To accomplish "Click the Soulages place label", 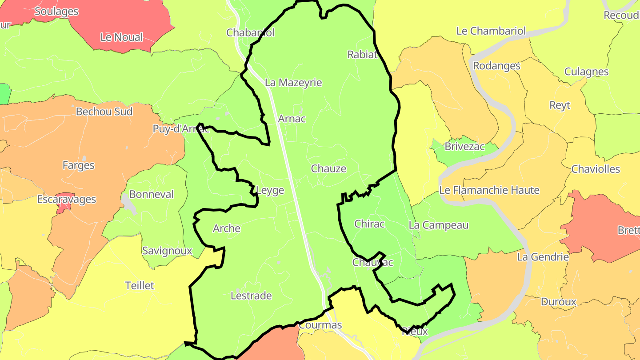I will point(56,12).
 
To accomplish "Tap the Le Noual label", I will point(121,37).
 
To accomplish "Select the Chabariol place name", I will point(250,32).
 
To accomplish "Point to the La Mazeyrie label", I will point(293,83).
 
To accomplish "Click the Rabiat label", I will point(362,55).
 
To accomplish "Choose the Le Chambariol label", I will point(491,31).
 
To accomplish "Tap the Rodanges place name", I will point(496,66).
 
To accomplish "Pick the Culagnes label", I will point(586,72).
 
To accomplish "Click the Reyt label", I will point(560,105).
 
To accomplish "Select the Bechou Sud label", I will point(104,112).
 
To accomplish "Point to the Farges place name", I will point(78,165).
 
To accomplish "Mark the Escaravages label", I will point(66,199).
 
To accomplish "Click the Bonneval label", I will point(151,195).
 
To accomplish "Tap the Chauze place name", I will point(328,169).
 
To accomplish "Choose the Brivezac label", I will point(465,147).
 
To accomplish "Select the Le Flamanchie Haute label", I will point(489,190).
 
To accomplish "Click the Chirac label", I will point(369,224).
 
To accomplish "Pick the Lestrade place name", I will point(251,296).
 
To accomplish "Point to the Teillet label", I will point(140,285).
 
